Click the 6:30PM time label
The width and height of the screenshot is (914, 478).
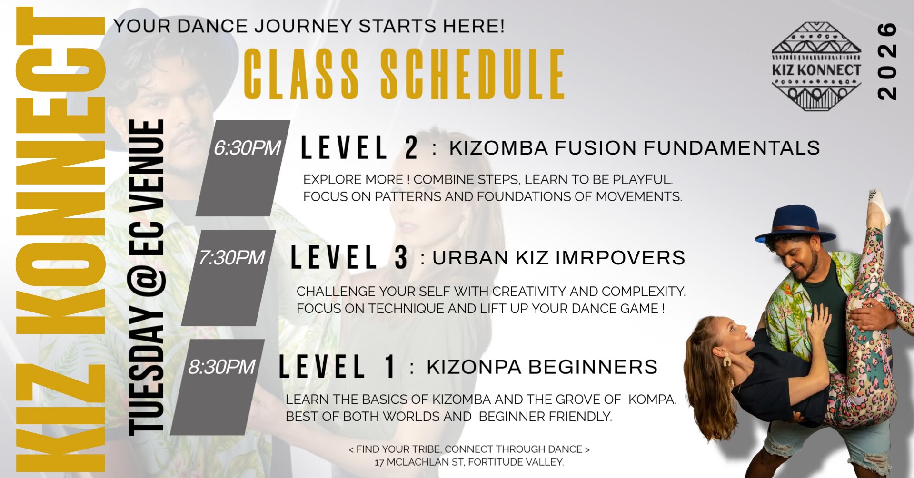click(247, 148)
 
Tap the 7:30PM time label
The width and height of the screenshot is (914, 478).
click(231, 258)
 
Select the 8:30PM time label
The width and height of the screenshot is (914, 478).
click(222, 367)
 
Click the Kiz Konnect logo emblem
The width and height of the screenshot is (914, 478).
click(816, 66)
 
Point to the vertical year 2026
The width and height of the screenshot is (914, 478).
click(887, 61)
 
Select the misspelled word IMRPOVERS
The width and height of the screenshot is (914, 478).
click(620, 258)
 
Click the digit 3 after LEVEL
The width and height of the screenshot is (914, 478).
click(401, 258)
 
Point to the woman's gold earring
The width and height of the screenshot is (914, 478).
click(727, 360)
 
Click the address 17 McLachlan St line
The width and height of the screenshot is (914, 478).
click(469, 462)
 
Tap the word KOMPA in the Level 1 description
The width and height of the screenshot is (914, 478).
click(652, 400)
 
